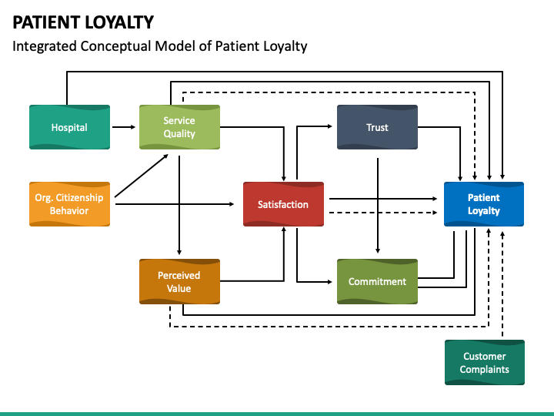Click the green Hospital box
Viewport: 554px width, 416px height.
pos(69,127)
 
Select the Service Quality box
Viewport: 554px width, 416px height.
pos(179,127)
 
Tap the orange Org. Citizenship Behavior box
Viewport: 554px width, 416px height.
pos(69,204)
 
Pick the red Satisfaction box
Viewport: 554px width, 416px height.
pos(283,204)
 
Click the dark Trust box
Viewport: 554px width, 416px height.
pos(377,127)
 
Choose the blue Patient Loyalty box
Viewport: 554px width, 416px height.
pos(483,204)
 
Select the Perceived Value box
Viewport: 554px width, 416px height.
pos(179,282)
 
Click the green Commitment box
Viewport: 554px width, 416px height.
pos(377,282)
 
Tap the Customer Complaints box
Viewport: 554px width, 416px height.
pos(484,363)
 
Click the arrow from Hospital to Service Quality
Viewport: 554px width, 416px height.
pos(124,127)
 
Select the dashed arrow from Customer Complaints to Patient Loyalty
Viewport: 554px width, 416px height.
pos(502,285)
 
